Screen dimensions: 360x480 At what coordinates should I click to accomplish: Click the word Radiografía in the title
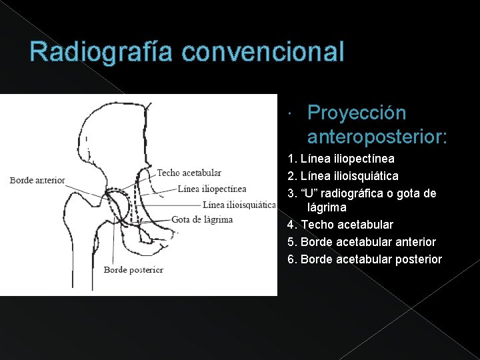tap(96, 52)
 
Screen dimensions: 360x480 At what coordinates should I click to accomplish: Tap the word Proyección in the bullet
tap(357, 113)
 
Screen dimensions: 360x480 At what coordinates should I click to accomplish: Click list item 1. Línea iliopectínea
tap(341, 159)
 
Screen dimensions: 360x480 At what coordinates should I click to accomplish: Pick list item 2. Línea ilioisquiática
tap(343, 176)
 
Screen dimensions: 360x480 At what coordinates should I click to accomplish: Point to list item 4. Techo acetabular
tap(340, 225)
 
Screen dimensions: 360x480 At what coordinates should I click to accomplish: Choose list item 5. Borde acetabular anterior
tap(361, 242)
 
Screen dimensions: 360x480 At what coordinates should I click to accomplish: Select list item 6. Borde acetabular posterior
tap(364, 259)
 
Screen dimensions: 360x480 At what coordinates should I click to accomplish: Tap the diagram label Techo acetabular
tap(189, 173)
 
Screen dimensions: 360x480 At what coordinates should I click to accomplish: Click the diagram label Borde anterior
tap(37, 180)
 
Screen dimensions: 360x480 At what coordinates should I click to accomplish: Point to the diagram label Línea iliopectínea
tap(212, 189)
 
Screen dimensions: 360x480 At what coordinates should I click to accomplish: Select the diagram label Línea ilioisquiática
tap(239, 205)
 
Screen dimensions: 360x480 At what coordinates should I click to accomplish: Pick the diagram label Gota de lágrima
tap(202, 219)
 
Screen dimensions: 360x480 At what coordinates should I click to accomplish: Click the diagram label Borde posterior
tap(133, 270)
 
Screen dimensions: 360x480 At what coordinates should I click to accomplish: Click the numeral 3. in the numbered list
tap(291, 193)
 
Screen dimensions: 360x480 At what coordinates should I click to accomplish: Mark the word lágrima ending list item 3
tap(327, 207)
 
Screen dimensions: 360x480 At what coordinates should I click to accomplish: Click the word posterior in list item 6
tap(418, 259)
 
